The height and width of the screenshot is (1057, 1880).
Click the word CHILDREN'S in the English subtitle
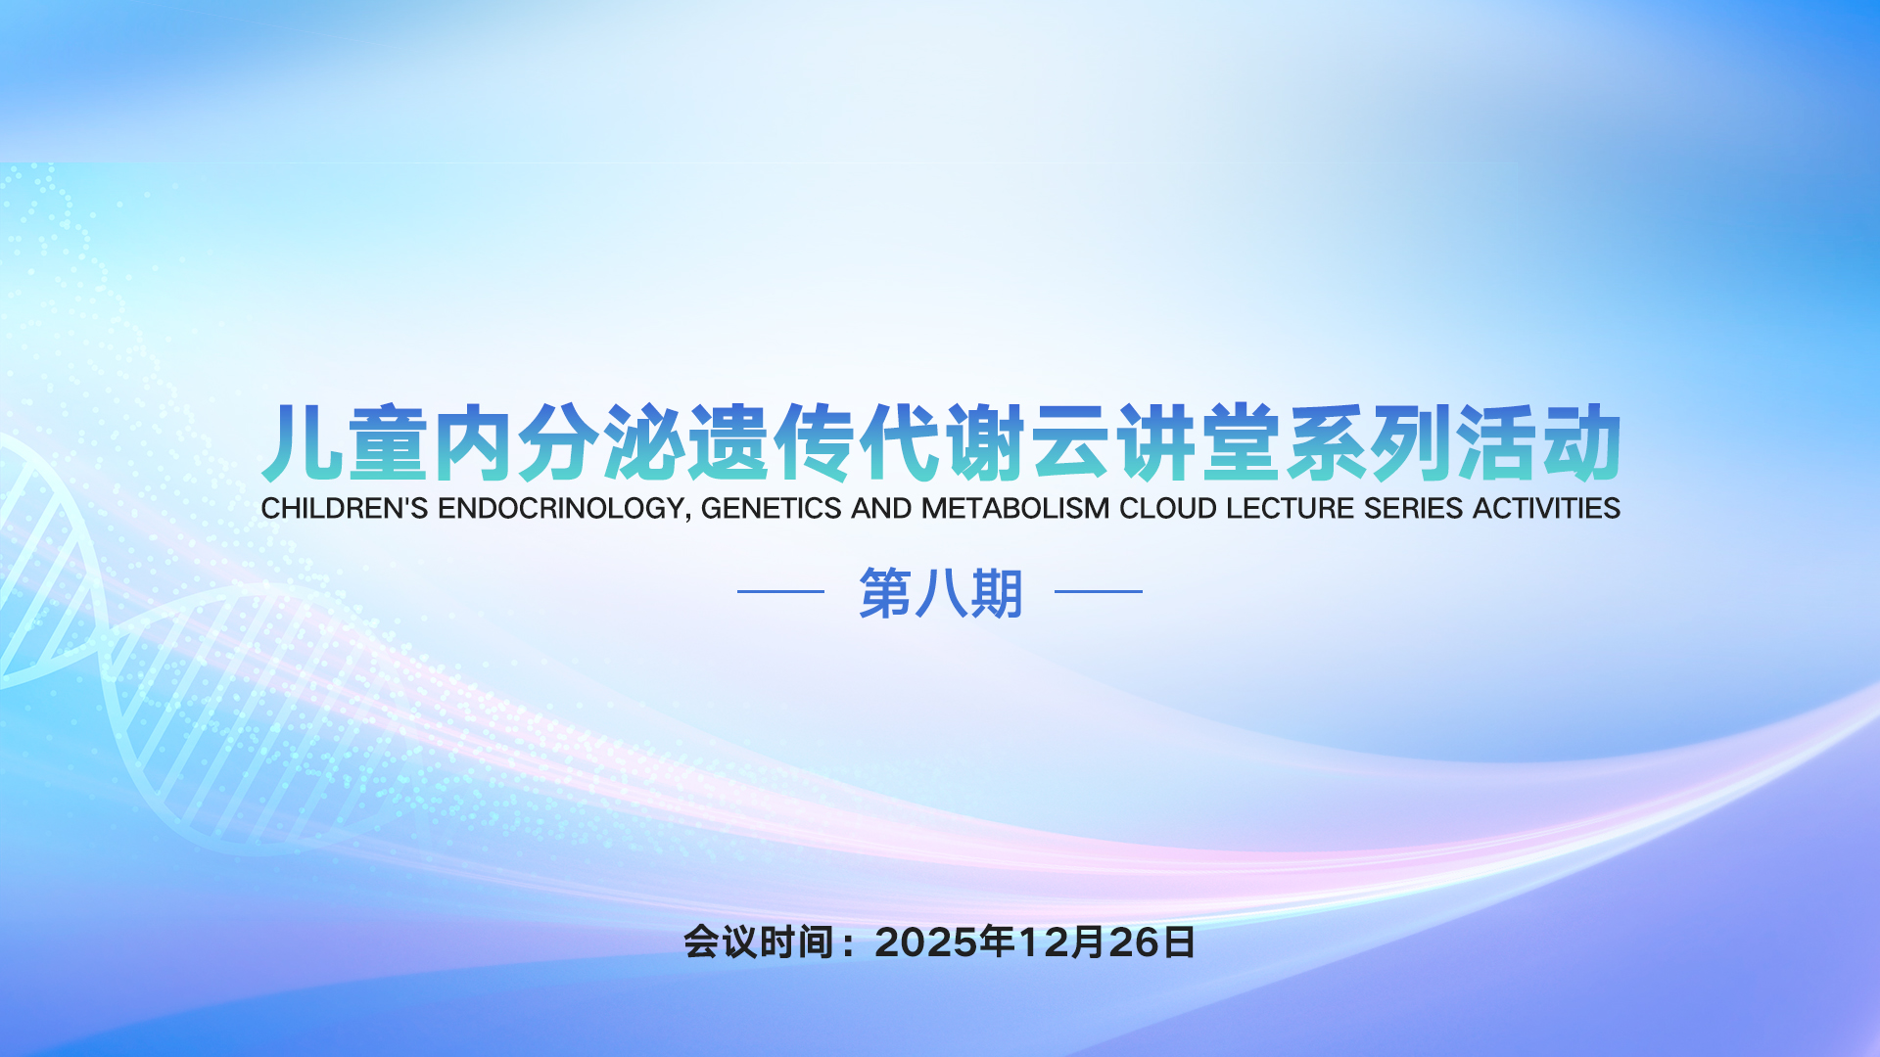click(345, 509)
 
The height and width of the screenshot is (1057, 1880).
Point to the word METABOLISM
click(1015, 509)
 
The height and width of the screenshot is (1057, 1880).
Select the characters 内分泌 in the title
click(560, 443)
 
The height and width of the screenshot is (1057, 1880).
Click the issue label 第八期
click(940, 593)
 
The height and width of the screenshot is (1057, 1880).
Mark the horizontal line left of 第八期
click(780, 591)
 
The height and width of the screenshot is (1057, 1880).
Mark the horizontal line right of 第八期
click(1099, 591)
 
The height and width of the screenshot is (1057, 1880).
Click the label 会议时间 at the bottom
click(759, 942)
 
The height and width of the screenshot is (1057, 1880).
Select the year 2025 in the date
click(926, 942)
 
